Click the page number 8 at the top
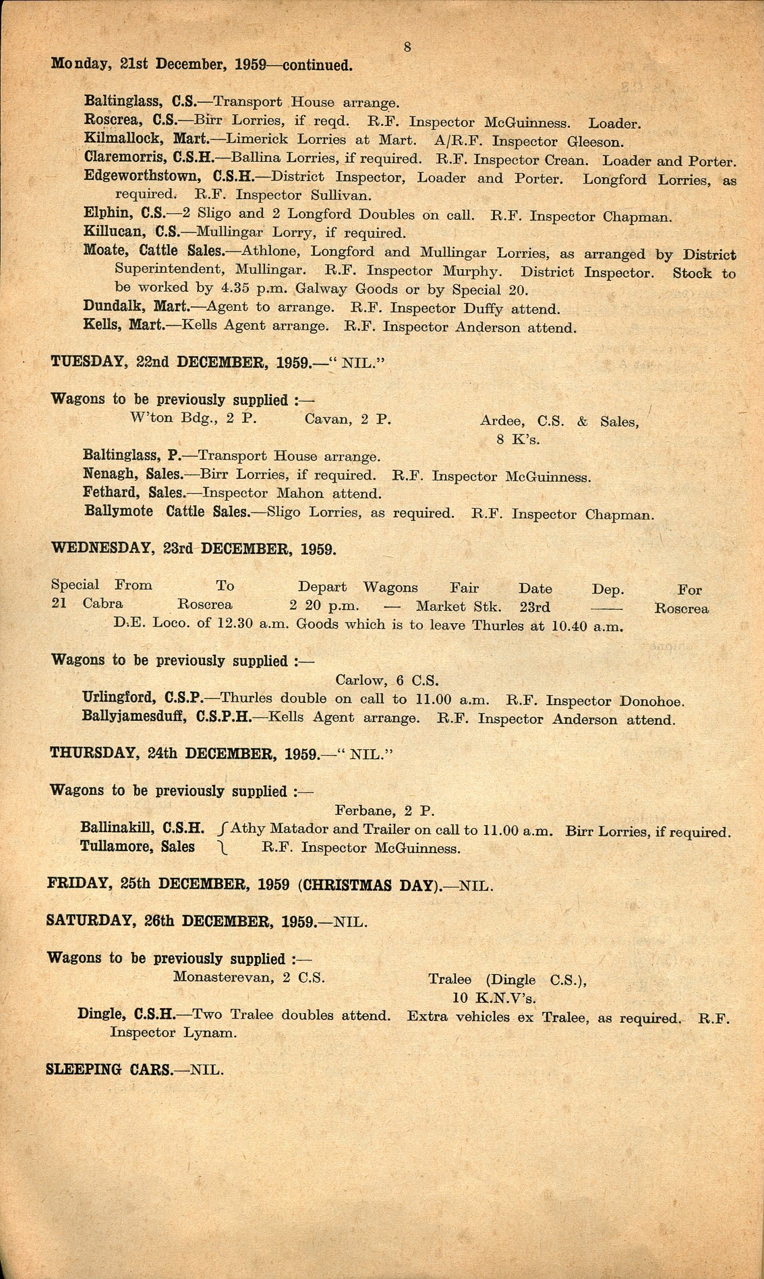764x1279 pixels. (x=407, y=48)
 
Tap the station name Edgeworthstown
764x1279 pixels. (x=142, y=176)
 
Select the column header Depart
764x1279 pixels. (x=322, y=587)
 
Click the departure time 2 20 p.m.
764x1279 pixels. (x=324, y=606)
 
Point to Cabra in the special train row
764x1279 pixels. (x=102, y=604)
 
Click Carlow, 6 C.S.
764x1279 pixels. (x=386, y=681)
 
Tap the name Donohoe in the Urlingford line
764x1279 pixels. (x=652, y=701)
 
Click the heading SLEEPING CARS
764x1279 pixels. (x=109, y=1069)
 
